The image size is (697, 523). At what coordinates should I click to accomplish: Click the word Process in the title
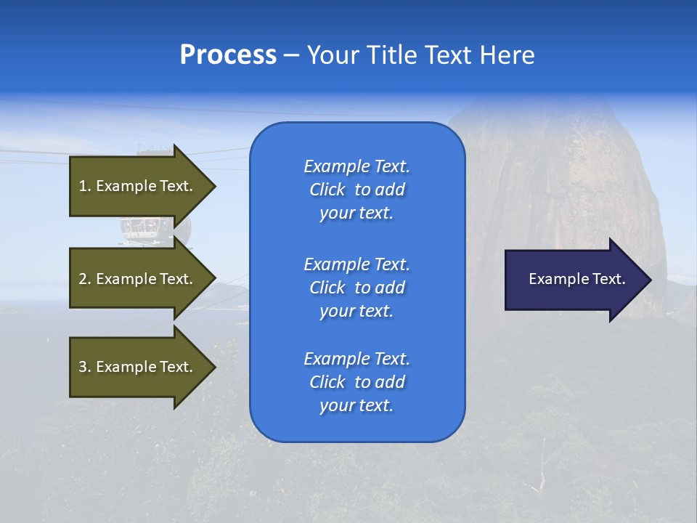(228, 54)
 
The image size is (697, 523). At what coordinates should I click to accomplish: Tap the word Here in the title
(509, 55)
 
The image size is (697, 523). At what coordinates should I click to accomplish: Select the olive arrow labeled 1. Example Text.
(138, 186)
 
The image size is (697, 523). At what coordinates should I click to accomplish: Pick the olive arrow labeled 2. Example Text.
(138, 279)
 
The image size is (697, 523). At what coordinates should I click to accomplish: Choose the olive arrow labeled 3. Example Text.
(138, 367)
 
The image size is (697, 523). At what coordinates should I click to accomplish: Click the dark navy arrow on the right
(574, 279)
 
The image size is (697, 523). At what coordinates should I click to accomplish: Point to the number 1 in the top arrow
(83, 186)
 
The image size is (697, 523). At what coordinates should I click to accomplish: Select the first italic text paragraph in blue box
(356, 190)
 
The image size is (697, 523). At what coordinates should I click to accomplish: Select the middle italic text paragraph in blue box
(356, 288)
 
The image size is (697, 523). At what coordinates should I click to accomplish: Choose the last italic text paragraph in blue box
(356, 382)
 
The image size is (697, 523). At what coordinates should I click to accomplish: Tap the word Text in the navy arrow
(609, 279)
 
